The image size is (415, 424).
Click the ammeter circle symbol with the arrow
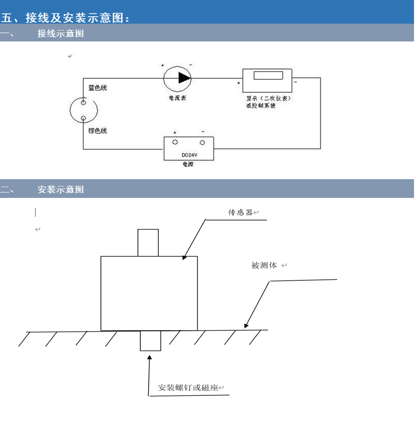[x=177, y=77]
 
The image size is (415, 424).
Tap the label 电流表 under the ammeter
[x=177, y=98]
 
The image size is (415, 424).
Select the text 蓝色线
[x=97, y=88]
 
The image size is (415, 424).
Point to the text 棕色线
[x=97, y=131]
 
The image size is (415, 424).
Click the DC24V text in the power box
[x=189, y=155]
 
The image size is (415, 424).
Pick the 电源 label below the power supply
[x=188, y=164]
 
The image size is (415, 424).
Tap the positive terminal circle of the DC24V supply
[x=175, y=143]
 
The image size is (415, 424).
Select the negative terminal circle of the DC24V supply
[x=203, y=143]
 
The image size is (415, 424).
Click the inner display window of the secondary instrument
[x=268, y=76]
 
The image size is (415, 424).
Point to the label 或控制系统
[x=260, y=105]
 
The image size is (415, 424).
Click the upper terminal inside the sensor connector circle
[x=83, y=103]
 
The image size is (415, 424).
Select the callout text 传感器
[x=240, y=212]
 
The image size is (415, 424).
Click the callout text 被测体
[x=264, y=266]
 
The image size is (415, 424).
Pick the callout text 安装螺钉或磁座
[x=188, y=388]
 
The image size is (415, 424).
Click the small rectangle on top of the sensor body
[x=148, y=242]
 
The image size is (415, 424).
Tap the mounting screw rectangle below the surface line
[x=150, y=341]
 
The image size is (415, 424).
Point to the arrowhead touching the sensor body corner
[x=185, y=257]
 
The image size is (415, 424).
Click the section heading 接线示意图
[x=61, y=34]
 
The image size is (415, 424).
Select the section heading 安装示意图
[x=61, y=190]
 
